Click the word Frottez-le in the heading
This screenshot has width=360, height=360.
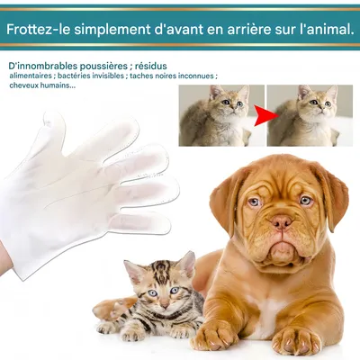tap(37, 29)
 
